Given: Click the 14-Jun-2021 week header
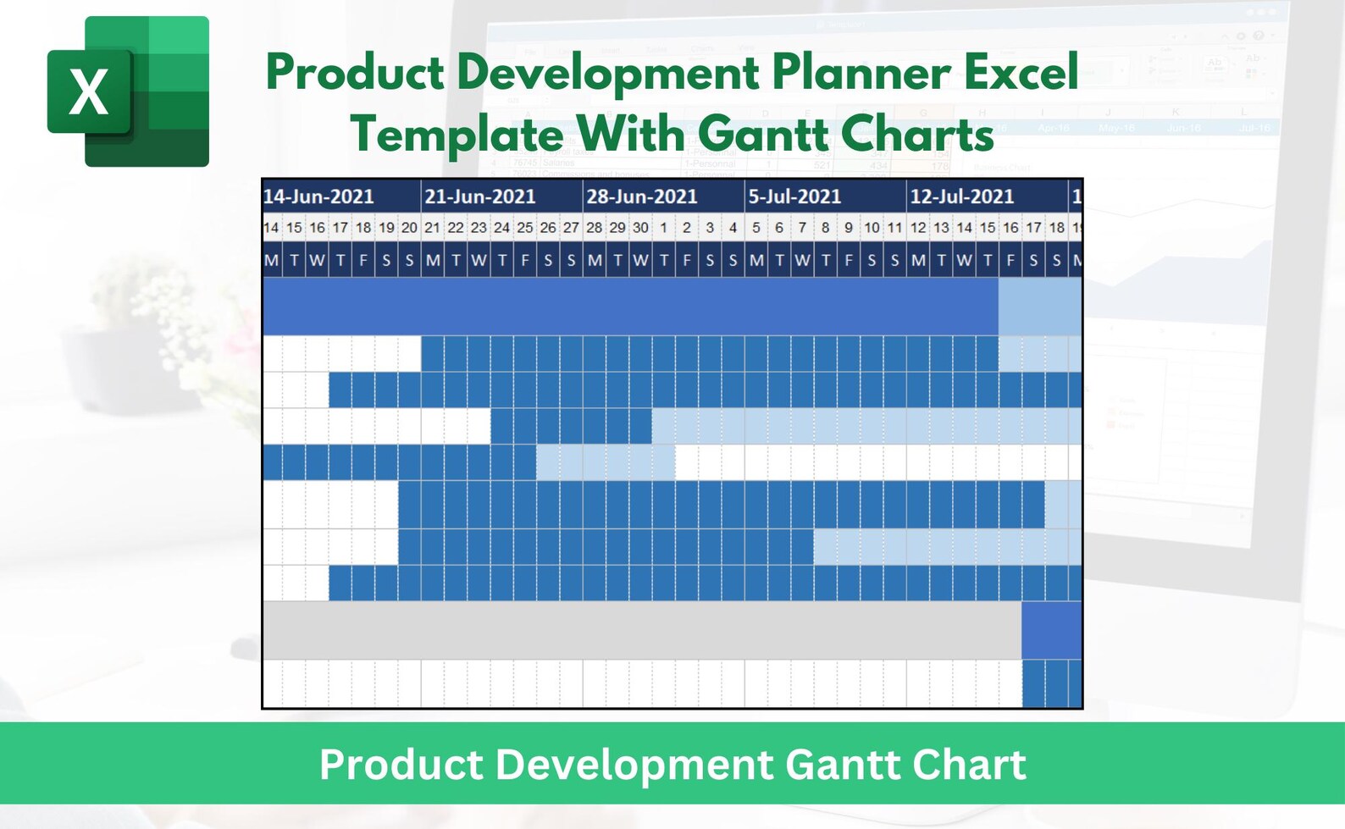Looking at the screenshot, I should point(318,196).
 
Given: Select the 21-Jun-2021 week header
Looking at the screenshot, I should point(480,196).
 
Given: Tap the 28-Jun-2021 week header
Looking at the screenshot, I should point(642,196).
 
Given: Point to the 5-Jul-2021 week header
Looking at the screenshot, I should point(794,196).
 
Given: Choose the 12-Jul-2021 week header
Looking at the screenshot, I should point(962,196).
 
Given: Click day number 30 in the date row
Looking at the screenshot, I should point(640,228).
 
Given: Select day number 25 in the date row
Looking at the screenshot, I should point(525,228).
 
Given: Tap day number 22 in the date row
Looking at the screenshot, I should point(456,228).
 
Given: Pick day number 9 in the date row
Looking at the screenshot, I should point(848,228).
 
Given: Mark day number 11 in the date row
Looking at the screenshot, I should point(894,228).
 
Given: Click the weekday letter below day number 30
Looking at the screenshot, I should point(640,261).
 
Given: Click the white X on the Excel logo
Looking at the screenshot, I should point(88,91).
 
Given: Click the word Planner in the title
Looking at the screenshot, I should point(861,72).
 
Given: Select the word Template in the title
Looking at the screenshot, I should point(457,134).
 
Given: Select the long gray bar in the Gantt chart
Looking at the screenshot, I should point(641,630).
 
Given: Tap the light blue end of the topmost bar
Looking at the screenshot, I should point(1039,307).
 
